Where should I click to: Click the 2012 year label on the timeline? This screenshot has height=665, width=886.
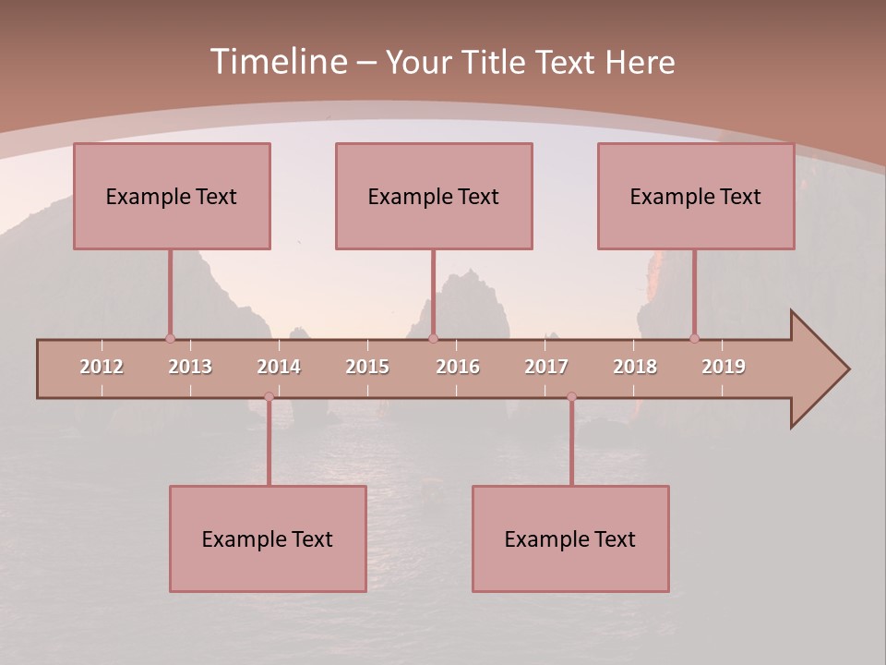(102, 367)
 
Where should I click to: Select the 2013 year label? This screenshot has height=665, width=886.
(190, 367)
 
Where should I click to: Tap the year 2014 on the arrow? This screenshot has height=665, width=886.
(279, 367)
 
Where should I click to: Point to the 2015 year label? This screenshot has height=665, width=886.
(367, 367)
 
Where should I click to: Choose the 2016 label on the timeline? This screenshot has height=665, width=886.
(458, 367)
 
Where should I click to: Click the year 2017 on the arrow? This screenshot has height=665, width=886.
(546, 367)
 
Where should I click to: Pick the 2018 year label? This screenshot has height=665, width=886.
(635, 367)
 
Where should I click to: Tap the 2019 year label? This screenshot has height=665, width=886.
(724, 367)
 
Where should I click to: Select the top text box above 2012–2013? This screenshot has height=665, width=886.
(172, 196)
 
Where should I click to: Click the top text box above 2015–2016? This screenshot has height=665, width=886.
(434, 196)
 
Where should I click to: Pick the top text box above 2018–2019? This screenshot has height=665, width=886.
(696, 196)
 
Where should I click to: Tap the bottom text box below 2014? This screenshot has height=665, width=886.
(268, 538)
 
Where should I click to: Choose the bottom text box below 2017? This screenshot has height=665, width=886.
(570, 538)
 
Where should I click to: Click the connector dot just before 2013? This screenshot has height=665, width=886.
(170, 338)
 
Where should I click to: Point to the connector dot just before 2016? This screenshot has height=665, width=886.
(433, 338)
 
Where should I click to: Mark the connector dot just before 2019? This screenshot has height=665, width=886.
(694, 338)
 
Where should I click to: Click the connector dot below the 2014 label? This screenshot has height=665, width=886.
(269, 396)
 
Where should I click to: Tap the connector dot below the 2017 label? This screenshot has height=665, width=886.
(571, 396)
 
